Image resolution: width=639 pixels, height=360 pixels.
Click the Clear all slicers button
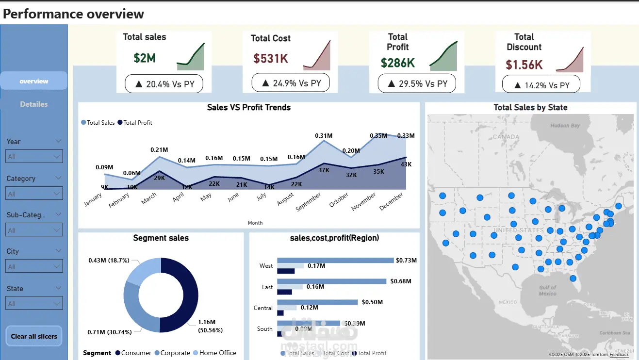[x=34, y=336]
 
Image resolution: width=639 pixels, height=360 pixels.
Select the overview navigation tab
[x=34, y=81]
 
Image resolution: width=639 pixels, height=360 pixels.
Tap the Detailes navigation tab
[x=34, y=104]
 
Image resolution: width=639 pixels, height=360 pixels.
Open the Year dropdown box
[x=34, y=157]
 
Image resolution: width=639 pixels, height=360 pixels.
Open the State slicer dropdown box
[x=34, y=304]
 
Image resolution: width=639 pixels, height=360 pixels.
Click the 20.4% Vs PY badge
[x=164, y=84]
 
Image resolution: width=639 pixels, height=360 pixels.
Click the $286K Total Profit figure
[x=397, y=63]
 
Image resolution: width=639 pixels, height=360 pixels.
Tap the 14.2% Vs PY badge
[x=541, y=85]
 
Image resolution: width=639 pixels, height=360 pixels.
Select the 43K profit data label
[x=406, y=164]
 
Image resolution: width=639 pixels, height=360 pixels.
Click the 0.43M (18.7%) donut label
[x=109, y=261]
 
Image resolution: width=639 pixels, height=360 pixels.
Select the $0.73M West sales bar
[x=335, y=261]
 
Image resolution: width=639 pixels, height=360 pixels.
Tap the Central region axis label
[x=263, y=308]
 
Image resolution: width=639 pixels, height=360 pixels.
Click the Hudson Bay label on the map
[x=565, y=126]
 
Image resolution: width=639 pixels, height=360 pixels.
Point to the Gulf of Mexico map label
[x=547, y=291]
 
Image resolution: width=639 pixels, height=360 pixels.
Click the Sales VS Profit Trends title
[x=248, y=107]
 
